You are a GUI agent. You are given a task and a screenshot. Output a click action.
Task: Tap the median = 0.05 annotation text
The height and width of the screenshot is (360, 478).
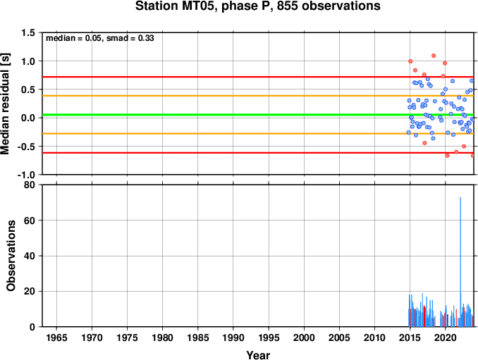pyautogui.click(x=73, y=38)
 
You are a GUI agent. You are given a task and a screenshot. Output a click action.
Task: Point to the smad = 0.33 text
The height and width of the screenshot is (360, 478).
pyautogui.click(x=130, y=38)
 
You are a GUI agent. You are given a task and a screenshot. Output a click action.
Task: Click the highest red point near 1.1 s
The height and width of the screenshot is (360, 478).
pyautogui.click(x=434, y=56)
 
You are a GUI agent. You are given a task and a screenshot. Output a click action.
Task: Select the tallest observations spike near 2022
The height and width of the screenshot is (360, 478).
pyautogui.click(x=460, y=261)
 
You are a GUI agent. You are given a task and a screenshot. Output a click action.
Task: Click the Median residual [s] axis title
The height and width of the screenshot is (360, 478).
pyautogui.click(x=6, y=104)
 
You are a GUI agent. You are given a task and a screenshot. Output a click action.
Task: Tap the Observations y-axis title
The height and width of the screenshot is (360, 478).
pyautogui.click(x=11, y=256)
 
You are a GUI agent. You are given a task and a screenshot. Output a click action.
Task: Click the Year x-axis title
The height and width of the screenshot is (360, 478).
pyautogui.click(x=258, y=355)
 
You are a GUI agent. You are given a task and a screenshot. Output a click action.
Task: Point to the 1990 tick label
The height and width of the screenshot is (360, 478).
pyautogui.click(x=233, y=337)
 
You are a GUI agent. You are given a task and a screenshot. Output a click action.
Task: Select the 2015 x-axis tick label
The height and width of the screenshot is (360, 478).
pyautogui.click(x=410, y=337)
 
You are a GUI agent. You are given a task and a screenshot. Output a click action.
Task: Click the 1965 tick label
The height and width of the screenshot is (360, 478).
pyautogui.click(x=56, y=337)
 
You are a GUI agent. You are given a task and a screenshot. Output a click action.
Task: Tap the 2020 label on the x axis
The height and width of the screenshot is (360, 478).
pyautogui.click(x=446, y=337)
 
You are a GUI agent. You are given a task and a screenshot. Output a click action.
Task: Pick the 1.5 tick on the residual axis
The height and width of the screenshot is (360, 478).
pyautogui.click(x=28, y=32)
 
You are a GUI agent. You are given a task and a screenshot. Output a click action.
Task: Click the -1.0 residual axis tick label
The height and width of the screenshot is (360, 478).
pyautogui.click(x=26, y=175)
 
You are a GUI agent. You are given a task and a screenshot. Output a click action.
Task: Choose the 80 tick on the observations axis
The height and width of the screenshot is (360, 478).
pyautogui.click(x=30, y=185)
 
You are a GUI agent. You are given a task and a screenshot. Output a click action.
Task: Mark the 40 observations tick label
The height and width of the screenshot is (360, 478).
pyautogui.click(x=30, y=256)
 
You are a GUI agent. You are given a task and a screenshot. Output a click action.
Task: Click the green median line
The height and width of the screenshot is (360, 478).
pyautogui.click(x=258, y=115)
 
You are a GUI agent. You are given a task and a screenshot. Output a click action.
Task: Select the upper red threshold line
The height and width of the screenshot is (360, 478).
pyautogui.click(x=258, y=77)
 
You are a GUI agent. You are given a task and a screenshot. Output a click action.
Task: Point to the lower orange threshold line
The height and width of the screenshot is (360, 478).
pyautogui.click(x=258, y=134)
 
